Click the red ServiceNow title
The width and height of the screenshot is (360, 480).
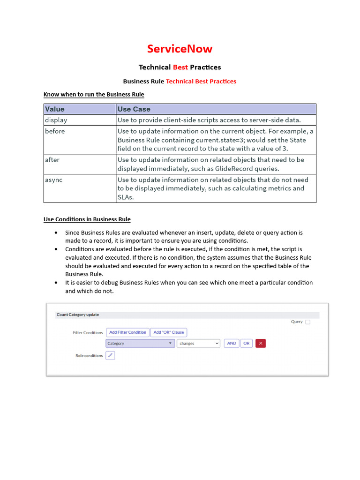click(x=180, y=49)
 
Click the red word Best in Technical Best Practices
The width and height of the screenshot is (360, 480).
click(x=180, y=67)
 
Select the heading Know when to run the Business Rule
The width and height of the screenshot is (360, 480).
click(x=94, y=94)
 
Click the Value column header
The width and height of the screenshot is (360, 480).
click(x=55, y=109)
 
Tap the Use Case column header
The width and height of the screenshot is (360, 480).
click(x=134, y=109)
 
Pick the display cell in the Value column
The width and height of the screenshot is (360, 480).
click(x=56, y=120)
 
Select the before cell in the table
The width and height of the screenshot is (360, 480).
click(x=55, y=131)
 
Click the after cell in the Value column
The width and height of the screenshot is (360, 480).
click(x=52, y=160)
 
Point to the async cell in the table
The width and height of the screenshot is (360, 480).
click(x=53, y=180)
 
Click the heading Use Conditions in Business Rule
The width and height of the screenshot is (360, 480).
click(x=87, y=219)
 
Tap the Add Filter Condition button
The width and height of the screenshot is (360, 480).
click(x=127, y=332)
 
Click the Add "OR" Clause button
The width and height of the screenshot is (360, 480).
click(x=169, y=332)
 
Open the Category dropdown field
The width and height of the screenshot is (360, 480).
click(x=140, y=344)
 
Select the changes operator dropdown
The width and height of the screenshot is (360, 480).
click(x=198, y=344)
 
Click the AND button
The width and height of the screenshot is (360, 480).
click(x=232, y=344)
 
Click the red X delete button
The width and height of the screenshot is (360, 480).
click(x=261, y=344)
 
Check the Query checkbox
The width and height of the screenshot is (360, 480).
click(x=307, y=322)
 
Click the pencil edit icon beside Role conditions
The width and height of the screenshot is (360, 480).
click(x=110, y=356)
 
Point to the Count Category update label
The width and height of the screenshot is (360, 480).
click(x=78, y=315)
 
